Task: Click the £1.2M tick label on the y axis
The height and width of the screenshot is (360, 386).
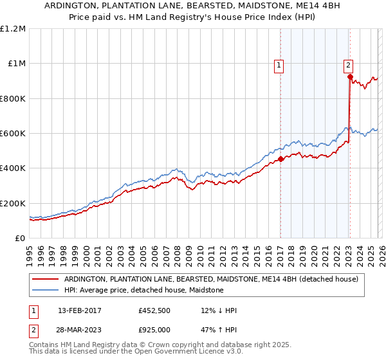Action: (x=12, y=29)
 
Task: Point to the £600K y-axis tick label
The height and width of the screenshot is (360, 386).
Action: (x=12, y=134)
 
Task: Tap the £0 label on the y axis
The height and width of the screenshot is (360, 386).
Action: (x=19, y=239)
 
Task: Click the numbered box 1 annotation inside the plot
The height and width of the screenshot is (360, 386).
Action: (x=279, y=64)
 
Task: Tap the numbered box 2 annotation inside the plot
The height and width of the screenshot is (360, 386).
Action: (x=348, y=64)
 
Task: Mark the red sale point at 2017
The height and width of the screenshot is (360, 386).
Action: (x=280, y=159)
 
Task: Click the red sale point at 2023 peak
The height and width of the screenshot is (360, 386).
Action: (x=350, y=77)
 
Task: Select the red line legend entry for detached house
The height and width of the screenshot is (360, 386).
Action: (x=215, y=279)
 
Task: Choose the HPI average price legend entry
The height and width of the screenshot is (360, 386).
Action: (x=143, y=291)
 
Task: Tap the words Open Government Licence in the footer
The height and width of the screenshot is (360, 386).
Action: (x=176, y=353)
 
